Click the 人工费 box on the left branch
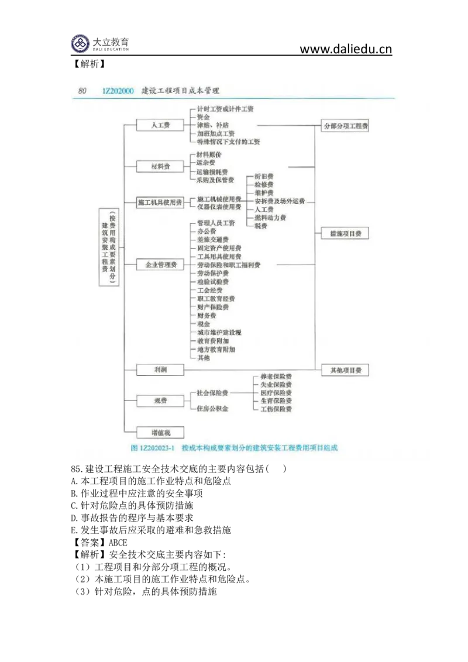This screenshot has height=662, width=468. tap(160, 125)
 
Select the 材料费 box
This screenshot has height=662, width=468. tap(160, 167)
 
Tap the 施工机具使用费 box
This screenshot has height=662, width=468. tap(160, 203)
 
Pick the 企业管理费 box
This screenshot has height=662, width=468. tap(160, 265)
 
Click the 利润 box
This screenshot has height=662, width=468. tap(160, 370)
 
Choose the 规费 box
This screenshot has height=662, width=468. tap(160, 401)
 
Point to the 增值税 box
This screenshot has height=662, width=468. tap(160, 433)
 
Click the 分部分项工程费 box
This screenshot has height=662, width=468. tap(345, 126)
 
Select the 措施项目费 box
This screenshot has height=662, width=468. tap(345, 233)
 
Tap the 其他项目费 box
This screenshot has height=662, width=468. tap(345, 370)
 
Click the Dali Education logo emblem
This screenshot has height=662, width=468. tap(81, 43)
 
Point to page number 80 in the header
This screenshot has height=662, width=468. tap(82, 91)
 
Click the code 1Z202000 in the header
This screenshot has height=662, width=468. tap(117, 91)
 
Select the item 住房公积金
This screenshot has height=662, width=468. tap(212, 408)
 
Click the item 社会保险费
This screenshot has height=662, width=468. tap(212, 393)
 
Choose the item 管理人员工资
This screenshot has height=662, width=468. tap(216, 223)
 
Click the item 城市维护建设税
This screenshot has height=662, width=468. tap(219, 332)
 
